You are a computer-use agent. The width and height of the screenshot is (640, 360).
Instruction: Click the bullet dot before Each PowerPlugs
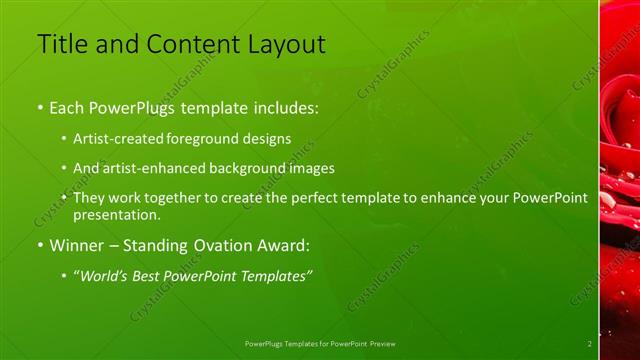pos(39,107)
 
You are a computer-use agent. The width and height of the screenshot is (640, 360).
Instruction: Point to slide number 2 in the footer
pos(590,343)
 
